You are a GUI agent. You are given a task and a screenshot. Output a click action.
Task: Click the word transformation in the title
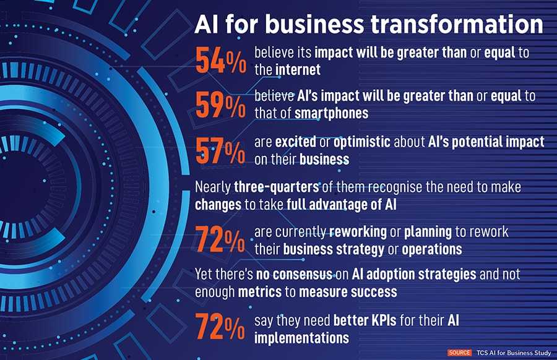point(457,24)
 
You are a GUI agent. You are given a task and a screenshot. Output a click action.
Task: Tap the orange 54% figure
point(220,61)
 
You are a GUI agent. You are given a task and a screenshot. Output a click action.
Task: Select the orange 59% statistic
point(220,105)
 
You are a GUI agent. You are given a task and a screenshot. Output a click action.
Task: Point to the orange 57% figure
point(220,151)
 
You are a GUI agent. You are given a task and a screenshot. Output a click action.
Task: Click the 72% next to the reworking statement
point(220,239)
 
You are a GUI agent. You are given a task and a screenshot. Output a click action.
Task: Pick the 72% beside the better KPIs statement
point(220,327)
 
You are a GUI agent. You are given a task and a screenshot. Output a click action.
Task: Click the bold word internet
point(298,69)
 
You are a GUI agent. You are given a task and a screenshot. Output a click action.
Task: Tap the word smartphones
point(332,114)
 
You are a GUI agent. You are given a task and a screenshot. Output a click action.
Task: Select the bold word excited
point(296,142)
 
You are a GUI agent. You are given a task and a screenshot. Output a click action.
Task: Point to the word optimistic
point(361,142)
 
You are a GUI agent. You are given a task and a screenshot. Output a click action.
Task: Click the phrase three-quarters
point(277,187)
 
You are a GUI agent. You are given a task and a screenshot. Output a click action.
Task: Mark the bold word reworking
point(358,232)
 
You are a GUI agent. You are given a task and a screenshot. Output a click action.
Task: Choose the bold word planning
point(428,232)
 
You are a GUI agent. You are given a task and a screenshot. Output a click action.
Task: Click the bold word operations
point(432,249)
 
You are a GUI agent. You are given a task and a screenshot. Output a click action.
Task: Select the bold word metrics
point(260,292)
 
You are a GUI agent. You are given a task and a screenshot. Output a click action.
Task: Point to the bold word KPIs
point(384,320)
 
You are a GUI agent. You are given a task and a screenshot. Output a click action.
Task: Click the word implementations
point(301,338)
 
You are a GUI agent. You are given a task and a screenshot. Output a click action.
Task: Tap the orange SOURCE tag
point(459,353)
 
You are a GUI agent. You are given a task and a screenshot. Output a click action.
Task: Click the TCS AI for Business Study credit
point(514,353)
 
